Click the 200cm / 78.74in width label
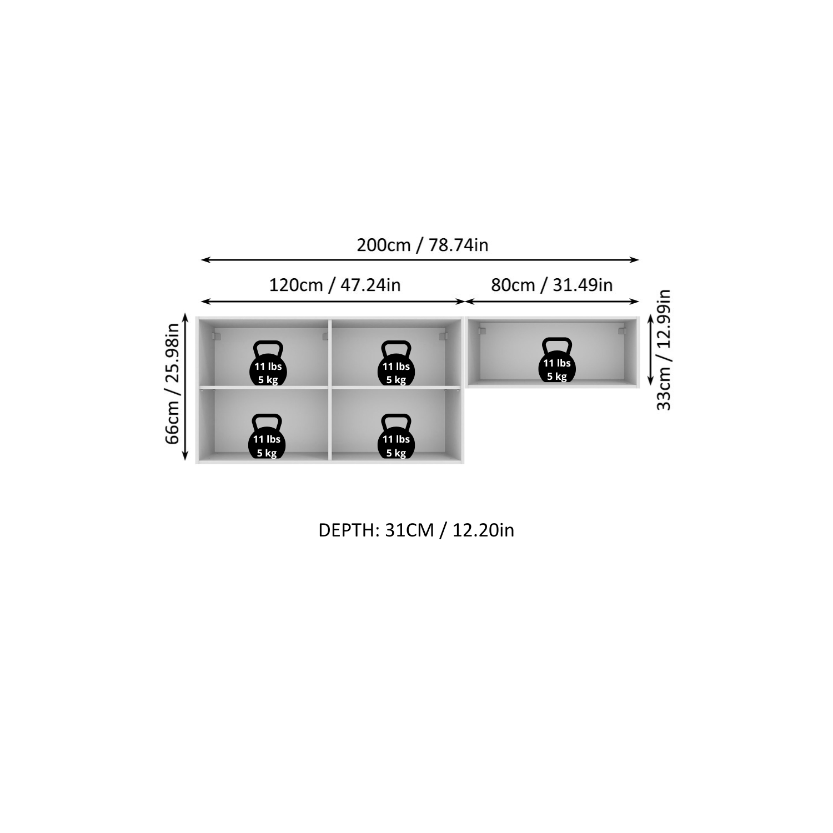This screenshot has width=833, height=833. [x=423, y=245]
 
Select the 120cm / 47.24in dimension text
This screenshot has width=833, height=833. [x=335, y=285]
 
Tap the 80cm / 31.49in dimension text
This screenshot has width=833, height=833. [x=552, y=285]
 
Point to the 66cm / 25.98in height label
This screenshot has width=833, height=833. [x=173, y=384]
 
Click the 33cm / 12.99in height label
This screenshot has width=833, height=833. [x=664, y=350]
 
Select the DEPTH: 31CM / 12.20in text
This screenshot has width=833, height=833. [x=416, y=530]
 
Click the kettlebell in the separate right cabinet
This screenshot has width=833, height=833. [x=557, y=360]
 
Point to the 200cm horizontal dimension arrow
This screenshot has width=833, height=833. [x=420, y=259]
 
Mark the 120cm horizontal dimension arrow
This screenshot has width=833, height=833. [x=333, y=301]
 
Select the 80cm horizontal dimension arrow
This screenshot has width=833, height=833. [x=553, y=301]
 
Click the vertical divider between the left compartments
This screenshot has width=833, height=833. [x=330, y=389]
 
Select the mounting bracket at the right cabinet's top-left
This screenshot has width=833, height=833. [x=481, y=330]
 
